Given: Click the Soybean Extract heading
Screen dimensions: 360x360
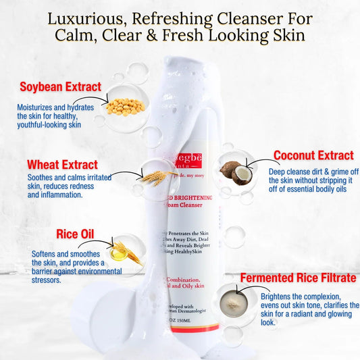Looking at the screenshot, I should [x=60, y=87].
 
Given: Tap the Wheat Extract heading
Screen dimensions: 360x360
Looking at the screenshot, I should [x=62, y=164].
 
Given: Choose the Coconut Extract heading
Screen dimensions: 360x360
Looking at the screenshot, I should [x=313, y=155].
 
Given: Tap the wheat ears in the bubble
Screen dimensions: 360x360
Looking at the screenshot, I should [x=156, y=177].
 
